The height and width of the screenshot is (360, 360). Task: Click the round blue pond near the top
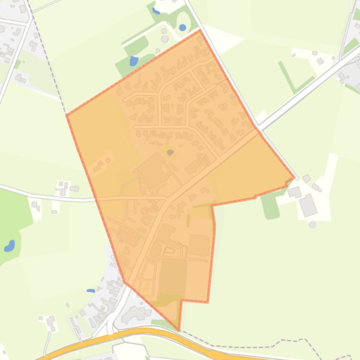click(182, 28)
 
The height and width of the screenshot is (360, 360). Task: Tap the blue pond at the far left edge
click(9, 245)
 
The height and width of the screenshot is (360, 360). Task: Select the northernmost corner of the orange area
click(200, 30)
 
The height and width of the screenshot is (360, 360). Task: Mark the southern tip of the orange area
click(179, 330)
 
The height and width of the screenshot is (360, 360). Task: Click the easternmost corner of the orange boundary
click(294, 178)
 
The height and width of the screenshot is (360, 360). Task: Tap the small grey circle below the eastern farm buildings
click(312, 224)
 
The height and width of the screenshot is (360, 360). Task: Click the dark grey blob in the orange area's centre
click(170, 152)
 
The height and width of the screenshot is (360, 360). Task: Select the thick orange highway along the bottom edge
click(140, 332)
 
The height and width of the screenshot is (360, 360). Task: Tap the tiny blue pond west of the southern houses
click(91, 290)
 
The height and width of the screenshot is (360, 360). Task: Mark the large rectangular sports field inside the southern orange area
click(172, 276)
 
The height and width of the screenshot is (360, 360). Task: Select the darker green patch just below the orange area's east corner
click(270, 206)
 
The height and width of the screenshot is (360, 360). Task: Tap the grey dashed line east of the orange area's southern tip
click(243, 346)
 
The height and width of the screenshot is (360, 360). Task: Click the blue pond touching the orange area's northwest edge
click(134, 61)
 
